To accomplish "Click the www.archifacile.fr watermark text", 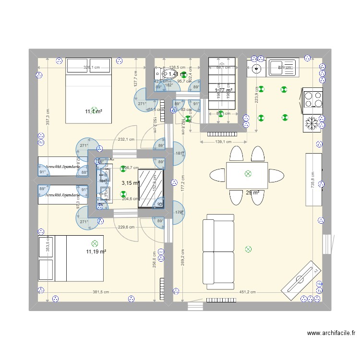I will [x=331, y=334].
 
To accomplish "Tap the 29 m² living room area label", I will [x=252, y=193].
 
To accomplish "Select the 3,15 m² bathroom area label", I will [x=129, y=183].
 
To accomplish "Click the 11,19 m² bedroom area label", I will [x=96, y=252].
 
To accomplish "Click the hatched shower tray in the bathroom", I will [x=151, y=185].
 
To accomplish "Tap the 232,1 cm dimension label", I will [x=126, y=140].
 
